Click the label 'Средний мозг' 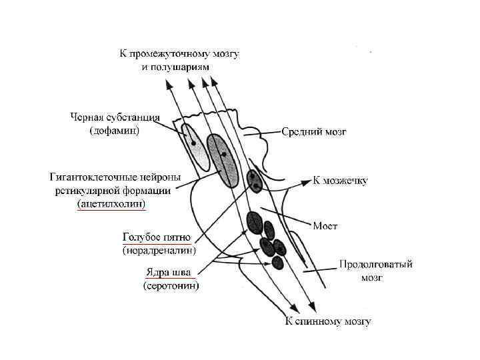pyautogui.click(x=313, y=131)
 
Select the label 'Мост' pyautogui.click(x=325, y=226)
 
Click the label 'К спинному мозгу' pyautogui.click(x=328, y=321)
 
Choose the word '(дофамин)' pyautogui.click(x=115, y=131)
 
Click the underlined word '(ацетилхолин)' pyautogui.click(x=111, y=203)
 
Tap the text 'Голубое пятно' pyautogui.click(x=157, y=237)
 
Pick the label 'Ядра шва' pyautogui.click(x=169, y=272)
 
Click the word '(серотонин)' pyautogui.click(x=171, y=285)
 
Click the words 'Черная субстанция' pyautogui.click(x=115, y=118)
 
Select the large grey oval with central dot pyautogui.click(x=223, y=159)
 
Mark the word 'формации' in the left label pyautogui.click(x=150, y=190)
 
